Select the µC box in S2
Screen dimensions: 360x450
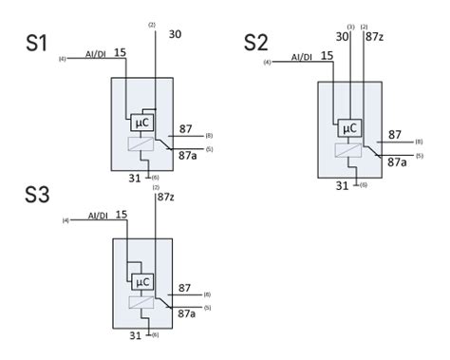tap(348, 128)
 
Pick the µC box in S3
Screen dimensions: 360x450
tap(143, 282)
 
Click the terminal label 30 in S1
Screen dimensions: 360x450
tap(175, 35)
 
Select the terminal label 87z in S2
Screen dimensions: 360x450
tap(377, 38)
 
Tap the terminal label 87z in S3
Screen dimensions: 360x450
tap(166, 197)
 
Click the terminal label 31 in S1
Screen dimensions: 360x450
tap(135, 177)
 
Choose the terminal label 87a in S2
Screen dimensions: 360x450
tap(396, 162)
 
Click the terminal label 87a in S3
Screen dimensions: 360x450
tap(188, 313)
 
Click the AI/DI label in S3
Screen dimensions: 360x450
tap(99, 216)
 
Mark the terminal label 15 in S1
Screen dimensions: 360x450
tap(121, 50)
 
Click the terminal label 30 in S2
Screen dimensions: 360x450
tap(343, 37)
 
